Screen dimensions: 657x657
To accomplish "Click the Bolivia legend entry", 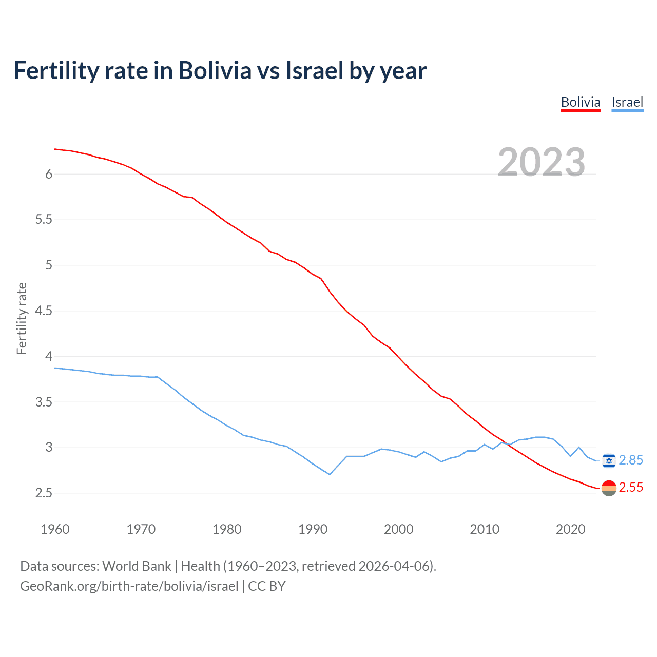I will (x=581, y=102).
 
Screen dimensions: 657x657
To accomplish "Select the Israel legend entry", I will (x=627, y=102).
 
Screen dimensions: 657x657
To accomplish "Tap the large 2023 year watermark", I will (x=542, y=162).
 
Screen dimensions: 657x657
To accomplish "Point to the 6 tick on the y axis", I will (x=49, y=175).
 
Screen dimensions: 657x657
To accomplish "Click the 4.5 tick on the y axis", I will (x=44, y=311).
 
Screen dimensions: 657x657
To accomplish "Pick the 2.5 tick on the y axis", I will (x=44, y=493).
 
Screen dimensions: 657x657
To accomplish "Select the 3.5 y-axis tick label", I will (x=44, y=402).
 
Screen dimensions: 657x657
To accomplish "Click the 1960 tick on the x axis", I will (x=55, y=529).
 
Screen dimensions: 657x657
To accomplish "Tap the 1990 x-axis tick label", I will (x=313, y=529).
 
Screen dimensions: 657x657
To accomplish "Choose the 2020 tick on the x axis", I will (x=570, y=529).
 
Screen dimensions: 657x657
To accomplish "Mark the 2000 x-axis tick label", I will (x=398, y=529).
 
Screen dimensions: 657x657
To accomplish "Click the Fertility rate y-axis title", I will (x=22, y=318).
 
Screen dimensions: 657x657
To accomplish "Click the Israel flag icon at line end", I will (x=609, y=461).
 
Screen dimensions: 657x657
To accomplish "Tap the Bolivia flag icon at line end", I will (x=609, y=488).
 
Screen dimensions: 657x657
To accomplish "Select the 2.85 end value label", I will (x=631, y=460).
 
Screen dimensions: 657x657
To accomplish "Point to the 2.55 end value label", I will (x=631, y=488).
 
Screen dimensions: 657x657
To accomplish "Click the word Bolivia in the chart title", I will (x=215, y=71).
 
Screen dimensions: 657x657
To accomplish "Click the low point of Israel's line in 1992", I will (x=330, y=474).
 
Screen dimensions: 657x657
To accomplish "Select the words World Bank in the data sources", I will (x=137, y=566).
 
